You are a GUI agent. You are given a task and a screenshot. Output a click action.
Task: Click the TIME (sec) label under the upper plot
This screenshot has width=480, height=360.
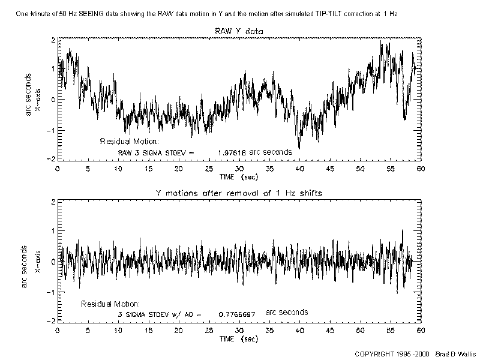point(239,178)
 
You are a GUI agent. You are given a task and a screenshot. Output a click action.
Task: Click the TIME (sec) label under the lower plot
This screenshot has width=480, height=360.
point(239,339)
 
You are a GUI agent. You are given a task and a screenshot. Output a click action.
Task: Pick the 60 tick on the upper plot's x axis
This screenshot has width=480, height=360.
point(421,169)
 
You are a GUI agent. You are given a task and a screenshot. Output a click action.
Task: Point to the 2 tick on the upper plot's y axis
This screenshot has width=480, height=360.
point(53,40)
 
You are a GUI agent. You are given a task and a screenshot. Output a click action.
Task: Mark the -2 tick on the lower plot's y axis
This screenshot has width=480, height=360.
point(52,320)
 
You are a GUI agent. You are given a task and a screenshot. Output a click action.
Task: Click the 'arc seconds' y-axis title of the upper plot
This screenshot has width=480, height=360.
point(28,99)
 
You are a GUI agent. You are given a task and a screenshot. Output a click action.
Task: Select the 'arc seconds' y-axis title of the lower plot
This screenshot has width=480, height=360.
point(25,265)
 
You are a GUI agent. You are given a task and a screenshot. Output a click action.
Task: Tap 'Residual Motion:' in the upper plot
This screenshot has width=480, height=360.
point(129,142)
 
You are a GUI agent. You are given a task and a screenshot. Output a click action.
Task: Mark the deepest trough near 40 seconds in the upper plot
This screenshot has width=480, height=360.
point(299,148)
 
